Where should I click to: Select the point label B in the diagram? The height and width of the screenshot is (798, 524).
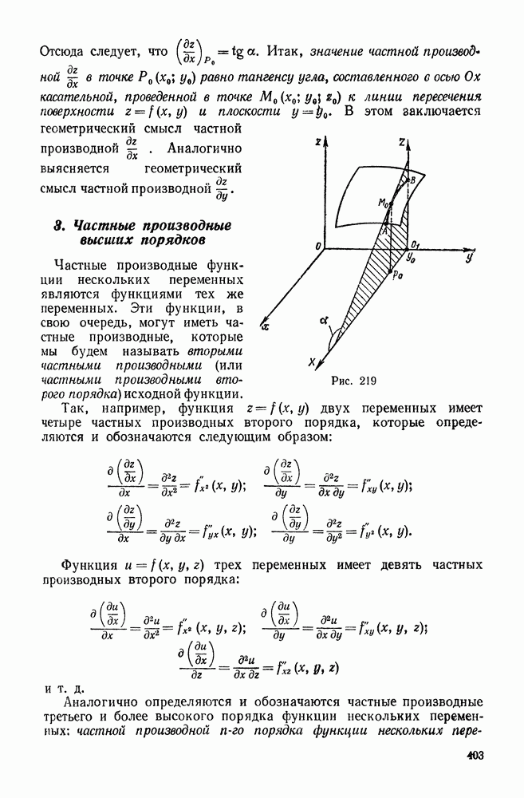412,182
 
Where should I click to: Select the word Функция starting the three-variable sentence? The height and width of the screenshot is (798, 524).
79,565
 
